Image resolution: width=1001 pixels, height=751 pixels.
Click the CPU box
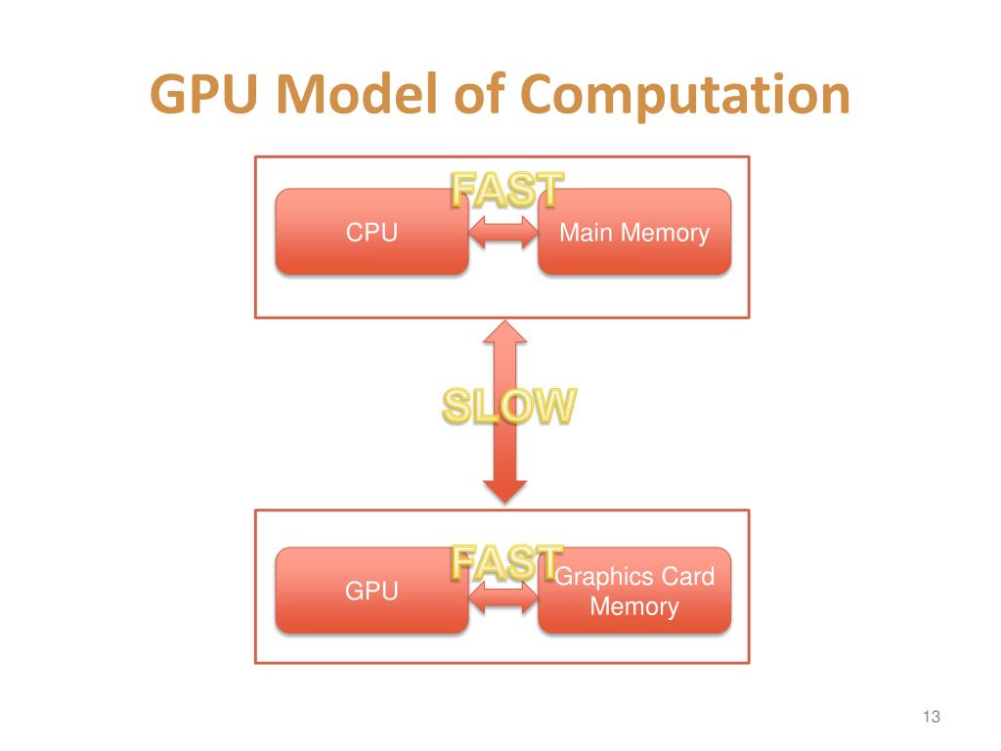371,232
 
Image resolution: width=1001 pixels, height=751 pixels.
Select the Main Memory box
634,232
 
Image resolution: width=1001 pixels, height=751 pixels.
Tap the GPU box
371,591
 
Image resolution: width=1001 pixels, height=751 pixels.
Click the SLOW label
505,406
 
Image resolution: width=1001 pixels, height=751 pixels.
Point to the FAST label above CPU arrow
506,190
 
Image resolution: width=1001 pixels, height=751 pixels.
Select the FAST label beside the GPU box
506,562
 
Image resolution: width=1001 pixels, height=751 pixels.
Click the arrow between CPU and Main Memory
503,233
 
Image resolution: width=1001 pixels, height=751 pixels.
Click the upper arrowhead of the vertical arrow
504,332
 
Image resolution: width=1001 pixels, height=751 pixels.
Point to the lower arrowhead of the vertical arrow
504,489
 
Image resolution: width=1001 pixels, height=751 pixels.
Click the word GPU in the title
206,97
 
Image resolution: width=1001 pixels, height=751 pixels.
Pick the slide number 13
930,718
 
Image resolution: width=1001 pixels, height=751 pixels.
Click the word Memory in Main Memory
665,233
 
